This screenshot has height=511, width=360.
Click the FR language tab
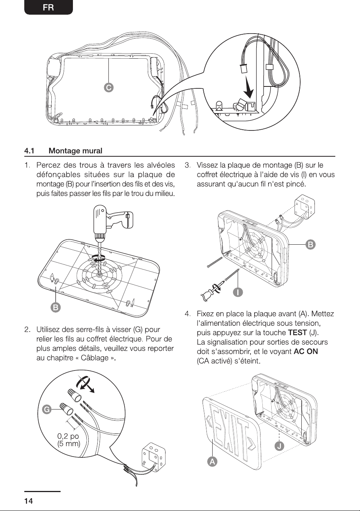48,7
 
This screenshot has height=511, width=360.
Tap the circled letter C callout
109,88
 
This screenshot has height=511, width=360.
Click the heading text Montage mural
76,151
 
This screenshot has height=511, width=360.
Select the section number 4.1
29,151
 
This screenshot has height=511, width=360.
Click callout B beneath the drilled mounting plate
56,308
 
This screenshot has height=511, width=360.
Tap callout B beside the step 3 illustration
311,245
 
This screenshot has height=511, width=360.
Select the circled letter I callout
238,292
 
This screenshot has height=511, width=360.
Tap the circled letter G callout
47,409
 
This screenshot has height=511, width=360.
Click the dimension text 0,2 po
68,436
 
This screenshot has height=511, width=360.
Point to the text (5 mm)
69,444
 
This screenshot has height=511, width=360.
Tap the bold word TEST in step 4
297,333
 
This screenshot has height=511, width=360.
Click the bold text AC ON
306,351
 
